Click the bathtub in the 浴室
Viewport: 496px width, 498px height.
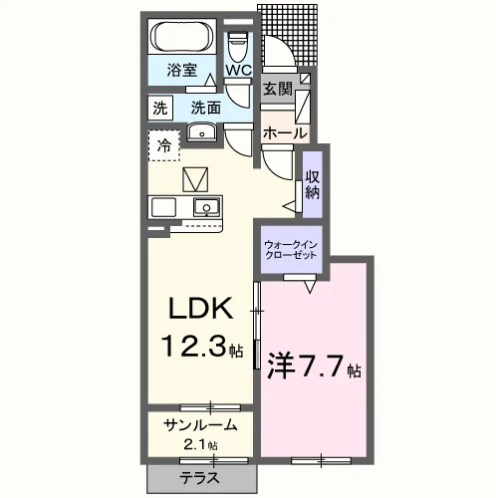click(182, 37)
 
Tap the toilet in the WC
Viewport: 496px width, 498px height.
click(238, 46)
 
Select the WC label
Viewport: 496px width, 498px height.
click(239, 70)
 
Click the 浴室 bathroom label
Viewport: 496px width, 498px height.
click(181, 70)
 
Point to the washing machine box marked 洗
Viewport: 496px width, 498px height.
click(160, 108)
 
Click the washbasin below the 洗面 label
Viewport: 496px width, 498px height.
click(201, 132)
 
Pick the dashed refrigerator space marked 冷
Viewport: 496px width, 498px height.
click(164, 145)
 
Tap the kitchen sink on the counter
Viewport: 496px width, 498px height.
click(206, 207)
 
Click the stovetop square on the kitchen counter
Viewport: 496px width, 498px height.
click(163, 207)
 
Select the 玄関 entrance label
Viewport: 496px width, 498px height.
click(278, 89)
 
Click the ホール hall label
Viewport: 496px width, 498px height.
click(285, 133)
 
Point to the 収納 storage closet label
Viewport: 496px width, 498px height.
click(313, 184)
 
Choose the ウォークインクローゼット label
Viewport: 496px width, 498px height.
click(291, 250)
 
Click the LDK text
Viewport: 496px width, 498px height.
click(200, 308)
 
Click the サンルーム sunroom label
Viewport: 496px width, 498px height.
click(200, 425)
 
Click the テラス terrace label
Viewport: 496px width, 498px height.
click(200, 478)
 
